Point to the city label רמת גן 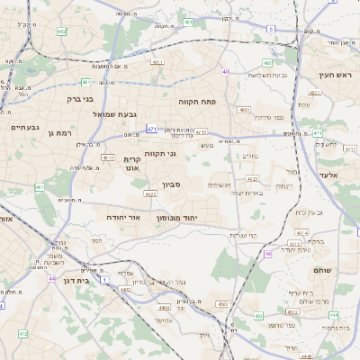click(x=58, y=132)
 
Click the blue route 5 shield click(x=269, y=30)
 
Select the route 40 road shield click(x=226, y=71)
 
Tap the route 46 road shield click(x=267, y=254)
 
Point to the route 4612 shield click(x=109, y=157)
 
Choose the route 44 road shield click(x=51, y=278)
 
